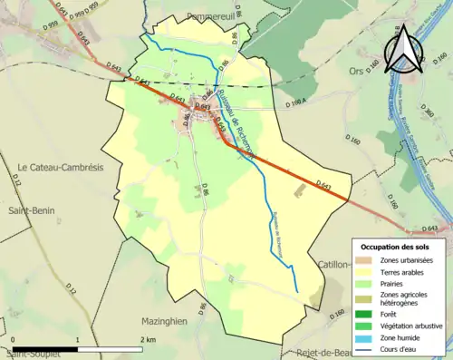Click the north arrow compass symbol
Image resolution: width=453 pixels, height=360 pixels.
click(x=402, y=47)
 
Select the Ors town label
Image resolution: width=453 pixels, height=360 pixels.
click(x=354, y=69)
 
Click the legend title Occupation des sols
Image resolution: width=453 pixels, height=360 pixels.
click(x=395, y=247)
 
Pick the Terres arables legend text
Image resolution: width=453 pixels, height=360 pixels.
click(x=404, y=270)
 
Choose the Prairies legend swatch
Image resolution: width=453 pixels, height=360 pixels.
click(x=363, y=282)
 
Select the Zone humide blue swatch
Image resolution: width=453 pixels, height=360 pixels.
click(x=363, y=338)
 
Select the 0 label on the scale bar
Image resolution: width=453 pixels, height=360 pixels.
click(x=14, y=339)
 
